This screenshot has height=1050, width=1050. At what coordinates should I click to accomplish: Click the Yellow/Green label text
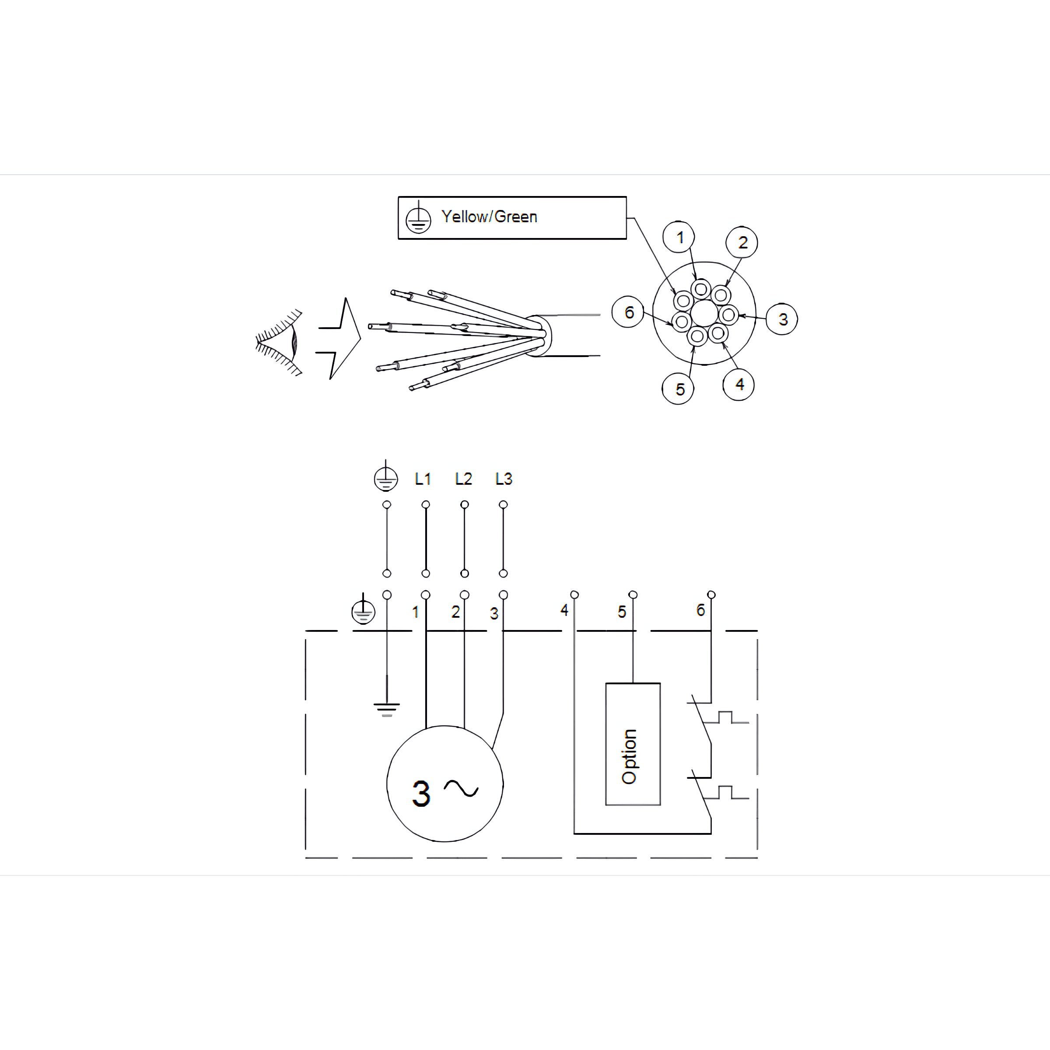489,217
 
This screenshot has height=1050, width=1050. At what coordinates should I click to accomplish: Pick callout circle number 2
742,242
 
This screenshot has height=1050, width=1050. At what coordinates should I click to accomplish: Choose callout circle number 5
678,388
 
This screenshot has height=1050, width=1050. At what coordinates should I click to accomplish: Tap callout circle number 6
628,312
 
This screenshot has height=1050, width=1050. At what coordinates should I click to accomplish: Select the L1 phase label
423,479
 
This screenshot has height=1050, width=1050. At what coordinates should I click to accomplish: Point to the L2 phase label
464,479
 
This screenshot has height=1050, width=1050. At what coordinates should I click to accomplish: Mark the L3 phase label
504,479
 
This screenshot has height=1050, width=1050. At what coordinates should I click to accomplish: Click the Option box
633,744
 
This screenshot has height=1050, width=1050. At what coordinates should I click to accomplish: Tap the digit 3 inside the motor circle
421,794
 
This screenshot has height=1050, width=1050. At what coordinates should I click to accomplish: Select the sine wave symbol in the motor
462,788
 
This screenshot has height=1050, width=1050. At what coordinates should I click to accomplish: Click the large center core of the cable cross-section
704,314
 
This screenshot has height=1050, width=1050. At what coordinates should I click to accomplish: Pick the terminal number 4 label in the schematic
564,610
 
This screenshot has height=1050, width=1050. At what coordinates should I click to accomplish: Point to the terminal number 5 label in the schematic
622,612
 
